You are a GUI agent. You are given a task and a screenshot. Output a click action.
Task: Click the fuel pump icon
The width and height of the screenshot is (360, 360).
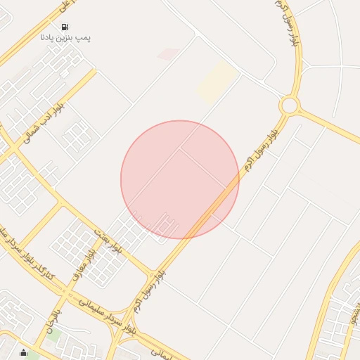click(65, 26)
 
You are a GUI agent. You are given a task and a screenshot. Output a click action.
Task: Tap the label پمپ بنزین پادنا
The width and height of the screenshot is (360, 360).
click(65, 37)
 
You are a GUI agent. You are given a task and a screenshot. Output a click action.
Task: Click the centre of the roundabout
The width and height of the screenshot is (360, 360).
click(288, 106)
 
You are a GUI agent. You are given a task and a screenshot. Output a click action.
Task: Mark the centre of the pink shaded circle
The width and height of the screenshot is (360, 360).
click(180, 179)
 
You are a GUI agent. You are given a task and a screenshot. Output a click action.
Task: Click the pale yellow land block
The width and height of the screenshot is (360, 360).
click(217, 82)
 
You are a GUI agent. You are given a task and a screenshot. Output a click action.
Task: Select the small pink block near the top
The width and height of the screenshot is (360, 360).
click(167, 53)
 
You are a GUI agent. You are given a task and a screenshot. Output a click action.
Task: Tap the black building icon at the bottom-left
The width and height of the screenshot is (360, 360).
click(25, 353)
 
